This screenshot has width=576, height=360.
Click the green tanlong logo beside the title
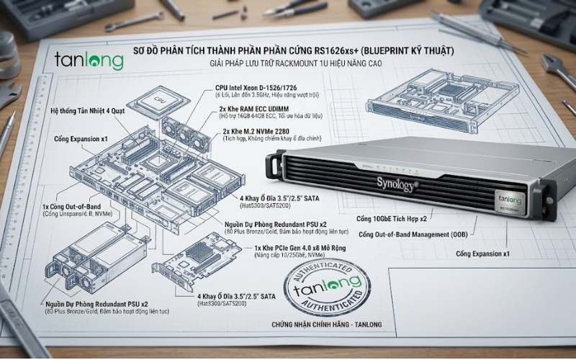point(89,60)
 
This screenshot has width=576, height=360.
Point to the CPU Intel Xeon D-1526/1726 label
point(255,87)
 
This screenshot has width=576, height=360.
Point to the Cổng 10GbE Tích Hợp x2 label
point(392,217)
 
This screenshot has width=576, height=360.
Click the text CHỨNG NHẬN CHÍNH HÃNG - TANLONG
point(323,325)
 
